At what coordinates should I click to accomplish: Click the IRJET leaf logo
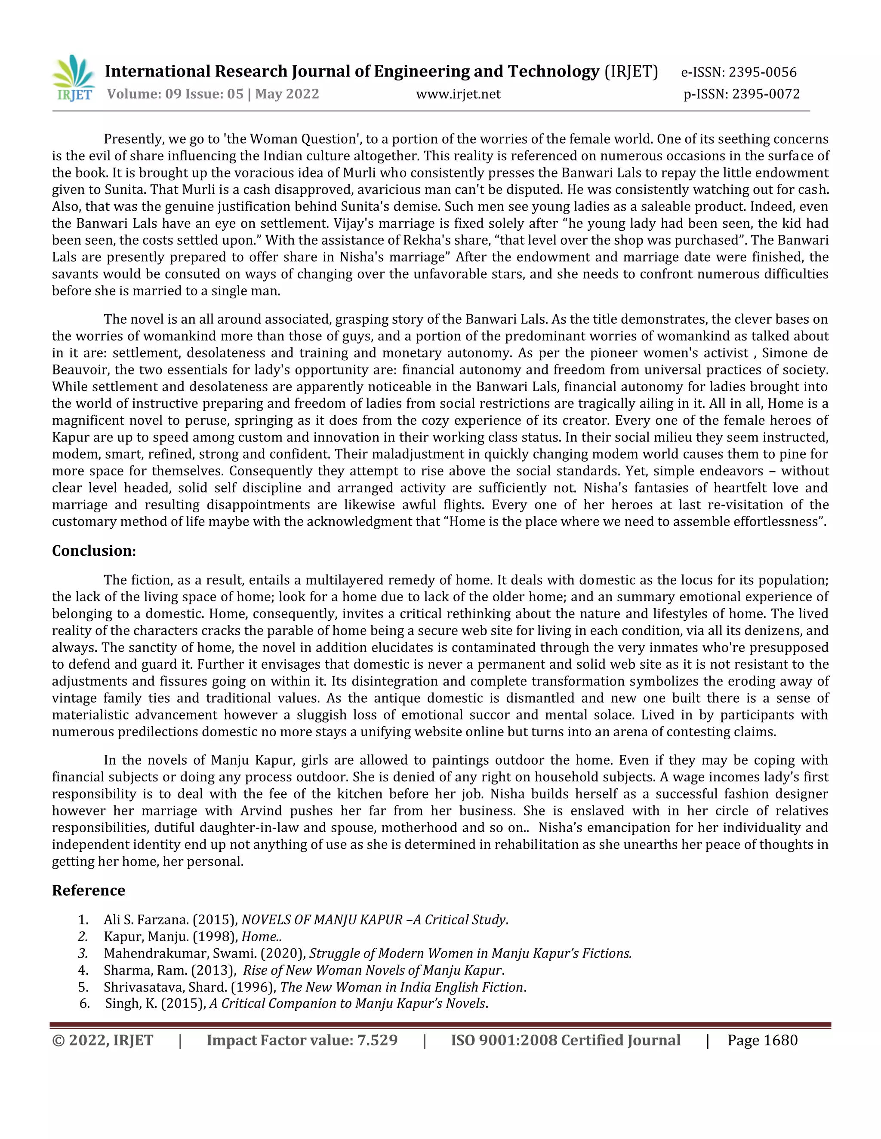(74, 78)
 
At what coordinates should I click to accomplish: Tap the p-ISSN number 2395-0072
(765, 95)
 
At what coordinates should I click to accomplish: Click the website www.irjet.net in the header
(458, 95)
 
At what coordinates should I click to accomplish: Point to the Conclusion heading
(94, 551)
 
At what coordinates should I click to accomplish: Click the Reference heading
(88, 891)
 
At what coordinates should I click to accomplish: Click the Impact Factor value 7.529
(377, 1041)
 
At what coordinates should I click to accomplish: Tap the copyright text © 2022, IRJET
(102, 1041)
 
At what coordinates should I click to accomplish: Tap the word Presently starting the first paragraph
(134, 139)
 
